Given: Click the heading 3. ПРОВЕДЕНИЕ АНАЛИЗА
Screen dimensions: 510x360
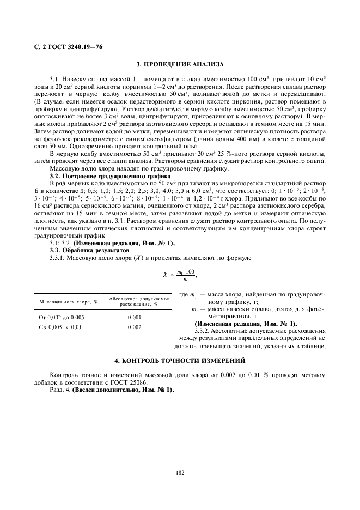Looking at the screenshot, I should (180, 64).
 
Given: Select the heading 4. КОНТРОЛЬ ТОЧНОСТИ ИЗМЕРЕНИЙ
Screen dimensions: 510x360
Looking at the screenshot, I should (180, 361).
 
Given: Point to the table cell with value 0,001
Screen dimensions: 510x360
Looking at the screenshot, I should (135, 317).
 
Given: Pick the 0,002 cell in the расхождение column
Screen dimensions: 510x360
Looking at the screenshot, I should (135, 327).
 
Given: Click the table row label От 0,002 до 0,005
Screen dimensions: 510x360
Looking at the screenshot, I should (62, 317).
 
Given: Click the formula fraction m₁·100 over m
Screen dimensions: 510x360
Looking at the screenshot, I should (186, 275).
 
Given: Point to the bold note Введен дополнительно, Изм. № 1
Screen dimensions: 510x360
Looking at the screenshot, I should (123, 390).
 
